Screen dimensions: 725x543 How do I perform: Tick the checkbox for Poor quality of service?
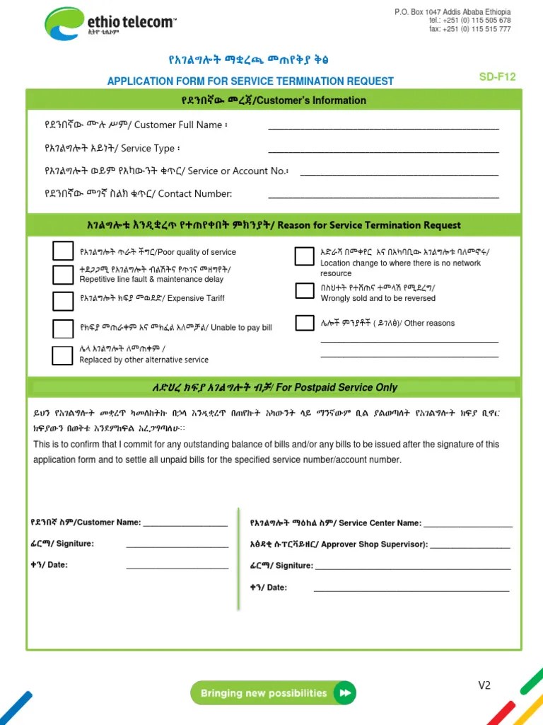point(63,251)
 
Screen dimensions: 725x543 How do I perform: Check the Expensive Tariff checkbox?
point(63,300)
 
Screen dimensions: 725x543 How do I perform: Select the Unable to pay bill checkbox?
point(63,329)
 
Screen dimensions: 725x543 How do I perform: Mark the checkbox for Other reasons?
point(305,323)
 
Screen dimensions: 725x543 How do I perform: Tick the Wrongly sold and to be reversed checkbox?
point(305,290)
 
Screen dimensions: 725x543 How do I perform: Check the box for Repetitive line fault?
point(63,275)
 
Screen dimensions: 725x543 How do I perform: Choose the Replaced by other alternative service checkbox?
point(63,355)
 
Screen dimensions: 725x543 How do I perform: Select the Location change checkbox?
point(305,256)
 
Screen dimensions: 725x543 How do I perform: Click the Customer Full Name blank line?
point(383,128)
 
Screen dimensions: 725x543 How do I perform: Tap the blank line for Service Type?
point(383,151)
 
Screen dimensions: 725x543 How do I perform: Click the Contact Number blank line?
point(383,196)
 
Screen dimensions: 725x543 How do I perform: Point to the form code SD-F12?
point(497,77)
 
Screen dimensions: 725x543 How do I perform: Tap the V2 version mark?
point(484,685)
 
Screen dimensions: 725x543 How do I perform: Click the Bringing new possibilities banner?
point(273,693)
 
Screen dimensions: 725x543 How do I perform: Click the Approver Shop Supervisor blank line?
point(469,547)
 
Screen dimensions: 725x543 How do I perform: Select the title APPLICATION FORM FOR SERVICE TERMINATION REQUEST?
point(250,81)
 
